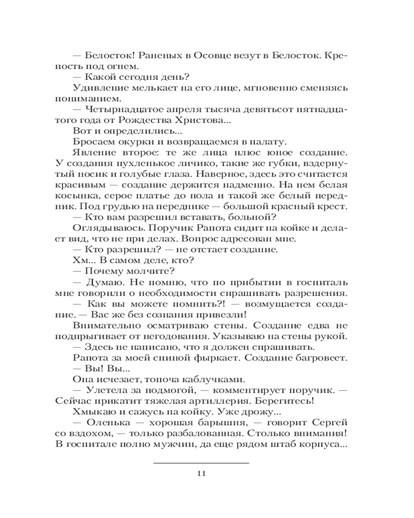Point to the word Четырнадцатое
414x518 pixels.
119,109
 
